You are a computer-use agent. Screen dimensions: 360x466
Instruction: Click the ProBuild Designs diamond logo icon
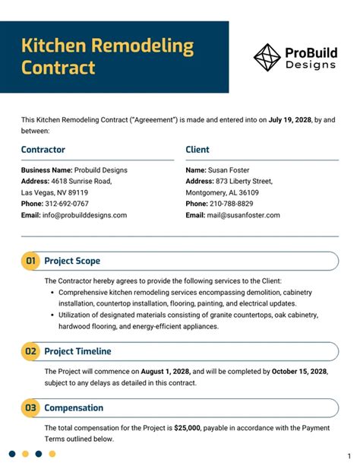(267, 57)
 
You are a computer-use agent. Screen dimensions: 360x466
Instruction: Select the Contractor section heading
(43, 150)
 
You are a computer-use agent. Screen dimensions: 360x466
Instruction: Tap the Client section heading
(197, 150)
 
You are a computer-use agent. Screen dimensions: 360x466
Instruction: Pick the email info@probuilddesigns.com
(84, 215)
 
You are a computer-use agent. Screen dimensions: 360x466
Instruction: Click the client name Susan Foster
(229, 170)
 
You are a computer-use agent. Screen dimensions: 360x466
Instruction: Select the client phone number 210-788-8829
(233, 204)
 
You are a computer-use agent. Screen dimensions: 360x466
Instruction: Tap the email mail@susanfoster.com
(245, 215)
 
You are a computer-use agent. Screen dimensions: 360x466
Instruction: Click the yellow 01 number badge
(31, 262)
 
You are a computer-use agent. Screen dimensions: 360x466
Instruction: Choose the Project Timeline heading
(77, 351)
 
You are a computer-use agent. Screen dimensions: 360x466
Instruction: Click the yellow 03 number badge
(31, 408)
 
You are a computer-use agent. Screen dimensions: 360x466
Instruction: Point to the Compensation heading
(74, 408)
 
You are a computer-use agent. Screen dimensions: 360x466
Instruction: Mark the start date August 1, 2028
(161, 371)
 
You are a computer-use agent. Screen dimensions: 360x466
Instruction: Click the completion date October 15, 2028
(298, 371)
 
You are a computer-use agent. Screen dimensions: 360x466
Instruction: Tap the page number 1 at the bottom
(349, 455)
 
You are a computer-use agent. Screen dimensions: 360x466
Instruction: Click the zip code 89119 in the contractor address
(74, 192)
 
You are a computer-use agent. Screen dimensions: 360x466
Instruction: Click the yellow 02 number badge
(31, 351)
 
